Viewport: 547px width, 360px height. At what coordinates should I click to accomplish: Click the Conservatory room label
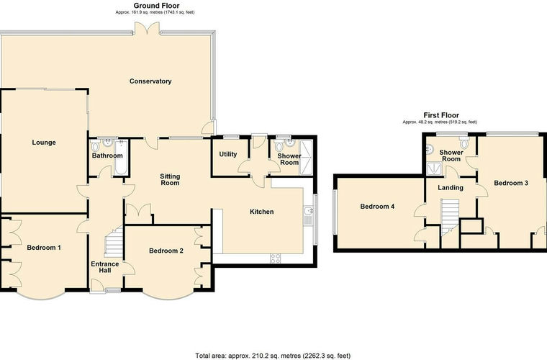(150, 81)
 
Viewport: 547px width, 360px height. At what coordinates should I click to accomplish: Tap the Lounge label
(44, 143)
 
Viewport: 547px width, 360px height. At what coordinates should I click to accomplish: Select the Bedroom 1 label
(44, 248)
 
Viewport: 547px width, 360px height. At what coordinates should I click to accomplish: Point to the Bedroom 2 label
(166, 251)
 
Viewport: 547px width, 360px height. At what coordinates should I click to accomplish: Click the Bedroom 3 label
(511, 183)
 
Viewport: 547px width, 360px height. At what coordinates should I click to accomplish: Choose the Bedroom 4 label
(377, 207)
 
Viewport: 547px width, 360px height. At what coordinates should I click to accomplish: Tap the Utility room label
(228, 154)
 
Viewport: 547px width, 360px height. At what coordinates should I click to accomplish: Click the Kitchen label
(262, 212)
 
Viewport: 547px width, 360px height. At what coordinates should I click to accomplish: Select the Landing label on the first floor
(451, 188)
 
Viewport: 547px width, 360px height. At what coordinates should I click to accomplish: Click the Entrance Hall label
(105, 267)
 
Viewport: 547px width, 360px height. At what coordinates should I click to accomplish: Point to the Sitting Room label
(170, 180)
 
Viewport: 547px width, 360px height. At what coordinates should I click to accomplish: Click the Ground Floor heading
(157, 6)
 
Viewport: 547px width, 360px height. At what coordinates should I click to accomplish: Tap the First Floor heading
(441, 115)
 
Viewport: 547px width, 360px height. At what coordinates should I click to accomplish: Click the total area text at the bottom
(273, 356)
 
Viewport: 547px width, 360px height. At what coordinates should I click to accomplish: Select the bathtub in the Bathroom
(121, 157)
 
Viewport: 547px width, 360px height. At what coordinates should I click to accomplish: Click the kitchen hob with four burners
(276, 258)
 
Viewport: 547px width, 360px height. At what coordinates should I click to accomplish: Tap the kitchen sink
(309, 215)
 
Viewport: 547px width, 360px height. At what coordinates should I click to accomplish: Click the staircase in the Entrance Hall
(114, 241)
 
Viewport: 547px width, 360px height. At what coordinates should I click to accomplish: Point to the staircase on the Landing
(450, 217)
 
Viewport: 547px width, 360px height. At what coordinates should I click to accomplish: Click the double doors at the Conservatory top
(147, 28)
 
